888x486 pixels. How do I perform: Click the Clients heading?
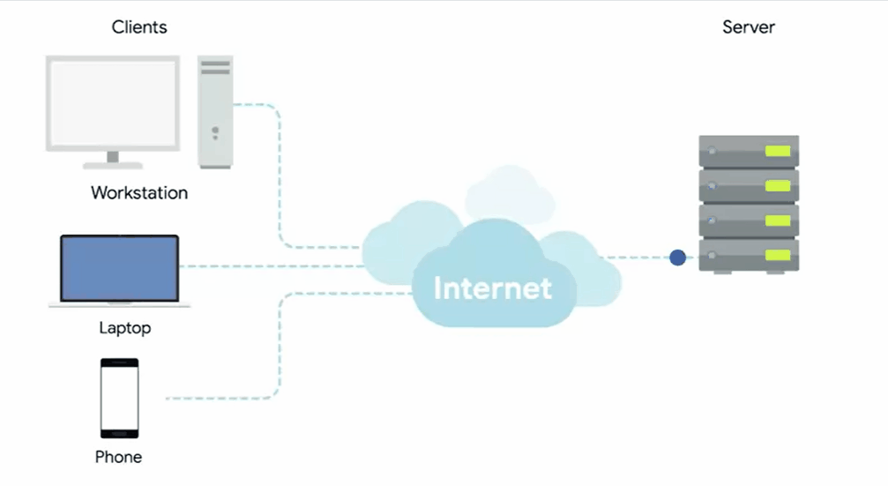139,27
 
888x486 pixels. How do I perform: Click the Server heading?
749,27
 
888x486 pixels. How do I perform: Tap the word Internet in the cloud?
493,288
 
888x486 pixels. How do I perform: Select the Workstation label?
139,192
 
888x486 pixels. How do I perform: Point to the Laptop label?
124,328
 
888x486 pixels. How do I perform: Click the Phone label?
118,457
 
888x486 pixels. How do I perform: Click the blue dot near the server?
677,258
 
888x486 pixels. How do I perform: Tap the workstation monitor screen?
112,102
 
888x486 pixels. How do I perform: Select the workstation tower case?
215,112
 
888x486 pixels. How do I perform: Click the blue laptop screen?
119,267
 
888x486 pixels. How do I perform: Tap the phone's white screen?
119,397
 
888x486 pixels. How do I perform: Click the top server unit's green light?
777,151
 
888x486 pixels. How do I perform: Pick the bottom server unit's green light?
777,256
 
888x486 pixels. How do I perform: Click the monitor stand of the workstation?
112,159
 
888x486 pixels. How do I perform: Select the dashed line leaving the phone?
220,399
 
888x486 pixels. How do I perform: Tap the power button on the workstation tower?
214,131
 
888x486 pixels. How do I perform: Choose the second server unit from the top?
749,186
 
